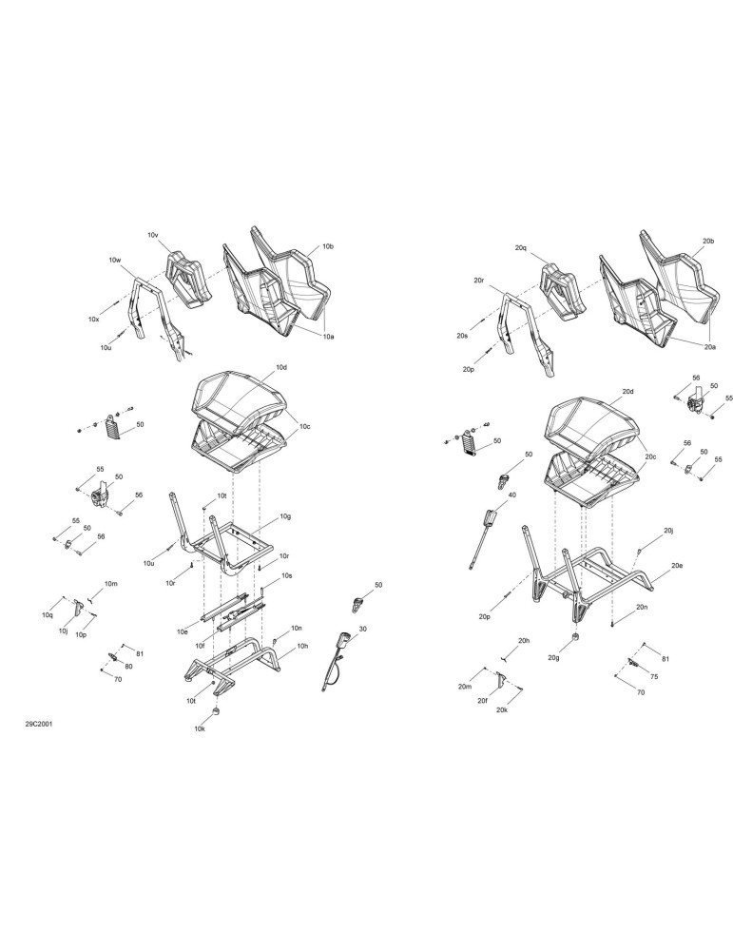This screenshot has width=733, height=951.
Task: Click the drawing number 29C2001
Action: (38, 725)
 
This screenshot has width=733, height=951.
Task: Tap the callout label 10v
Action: (153, 235)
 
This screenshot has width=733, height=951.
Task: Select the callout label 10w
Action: (115, 261)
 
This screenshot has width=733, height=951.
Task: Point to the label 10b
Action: (328, 247)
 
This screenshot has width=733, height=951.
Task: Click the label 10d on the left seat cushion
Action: (281, 367)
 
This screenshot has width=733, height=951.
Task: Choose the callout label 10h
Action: (302, 647)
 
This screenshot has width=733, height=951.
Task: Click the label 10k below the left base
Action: (200, 729)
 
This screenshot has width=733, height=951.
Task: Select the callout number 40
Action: (511, 495)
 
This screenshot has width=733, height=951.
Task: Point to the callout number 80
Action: (128, 666)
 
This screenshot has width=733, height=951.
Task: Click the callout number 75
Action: (653, 677)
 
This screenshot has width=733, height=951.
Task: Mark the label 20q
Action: (521, 248)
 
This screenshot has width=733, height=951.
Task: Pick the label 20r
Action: (479, 281)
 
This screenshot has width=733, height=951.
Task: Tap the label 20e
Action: (677, 565)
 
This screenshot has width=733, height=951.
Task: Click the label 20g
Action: (553, 658)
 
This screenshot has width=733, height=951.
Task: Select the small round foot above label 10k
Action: (217, 710)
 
